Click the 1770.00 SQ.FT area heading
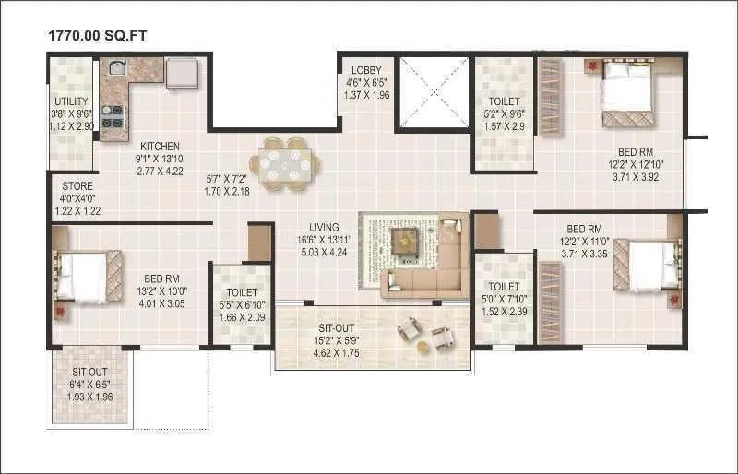coord(97,35)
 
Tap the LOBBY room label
coord(366,71)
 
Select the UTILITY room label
coord(70,101)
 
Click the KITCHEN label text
coord(160,147)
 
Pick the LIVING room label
coord(324,227)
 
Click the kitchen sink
coord(118,67)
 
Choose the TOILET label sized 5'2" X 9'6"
coord(505,101)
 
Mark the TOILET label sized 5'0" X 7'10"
coord(505,287)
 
